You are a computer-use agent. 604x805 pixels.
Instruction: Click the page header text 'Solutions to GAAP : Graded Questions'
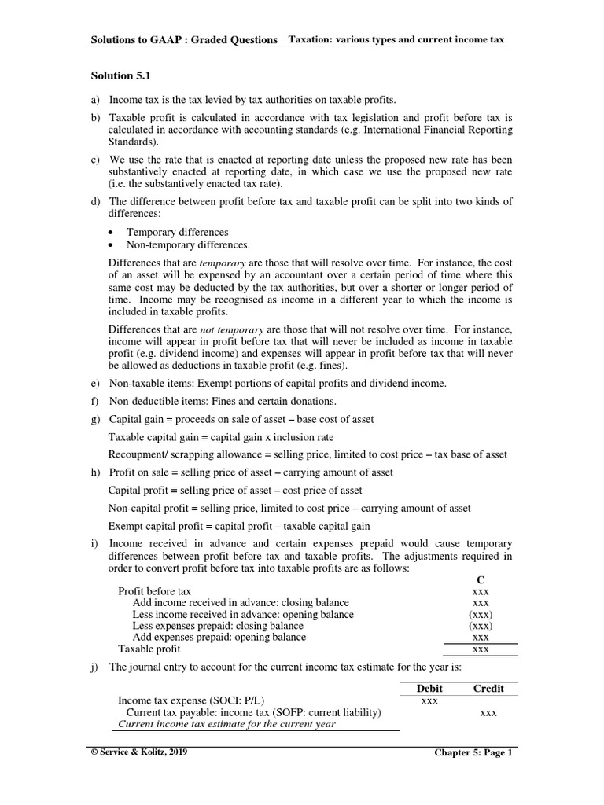[185, 39]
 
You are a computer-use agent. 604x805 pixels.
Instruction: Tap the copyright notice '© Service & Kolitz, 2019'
[140, 752]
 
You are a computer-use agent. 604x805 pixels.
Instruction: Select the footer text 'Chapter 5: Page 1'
[473, 752]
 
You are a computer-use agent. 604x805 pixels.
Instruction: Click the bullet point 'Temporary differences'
[177, 232]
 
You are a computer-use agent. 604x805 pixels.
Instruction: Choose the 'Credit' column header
[488, 688]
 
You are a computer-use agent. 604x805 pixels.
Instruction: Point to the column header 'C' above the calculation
[481, 579]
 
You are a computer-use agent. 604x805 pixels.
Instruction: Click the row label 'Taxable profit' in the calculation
[149, 649]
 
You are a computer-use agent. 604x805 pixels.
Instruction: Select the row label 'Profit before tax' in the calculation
[154, 590]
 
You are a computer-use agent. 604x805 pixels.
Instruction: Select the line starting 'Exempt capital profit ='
[238, 526]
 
